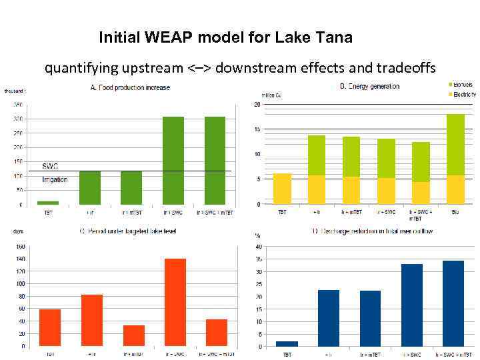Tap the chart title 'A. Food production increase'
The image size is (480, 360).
[130, 87]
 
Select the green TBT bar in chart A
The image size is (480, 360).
[49, 202]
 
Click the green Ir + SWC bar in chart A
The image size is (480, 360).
[173, 160]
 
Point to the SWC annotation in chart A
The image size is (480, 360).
[51, 165]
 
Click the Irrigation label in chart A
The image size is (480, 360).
[55, 179]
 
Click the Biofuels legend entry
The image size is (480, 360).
[461, 85]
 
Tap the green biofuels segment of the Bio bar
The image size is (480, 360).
[455, 145]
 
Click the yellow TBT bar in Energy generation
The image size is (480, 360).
[282, 189]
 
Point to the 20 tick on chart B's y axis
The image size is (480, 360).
[257, 105]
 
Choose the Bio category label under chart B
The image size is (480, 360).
[455, 212]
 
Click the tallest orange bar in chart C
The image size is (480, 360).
[175, 302]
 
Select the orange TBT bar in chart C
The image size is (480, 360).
[50, 327]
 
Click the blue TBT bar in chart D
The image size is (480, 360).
[287, 344]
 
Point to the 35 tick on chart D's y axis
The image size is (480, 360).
[257, 259]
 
